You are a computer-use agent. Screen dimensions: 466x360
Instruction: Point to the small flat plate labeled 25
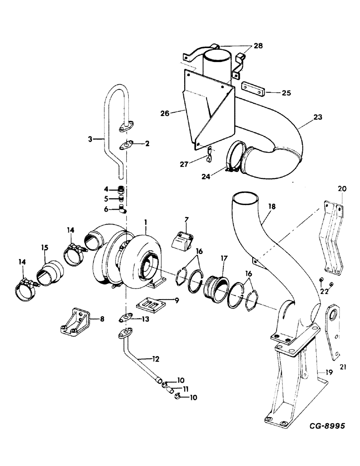point(253,89)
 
